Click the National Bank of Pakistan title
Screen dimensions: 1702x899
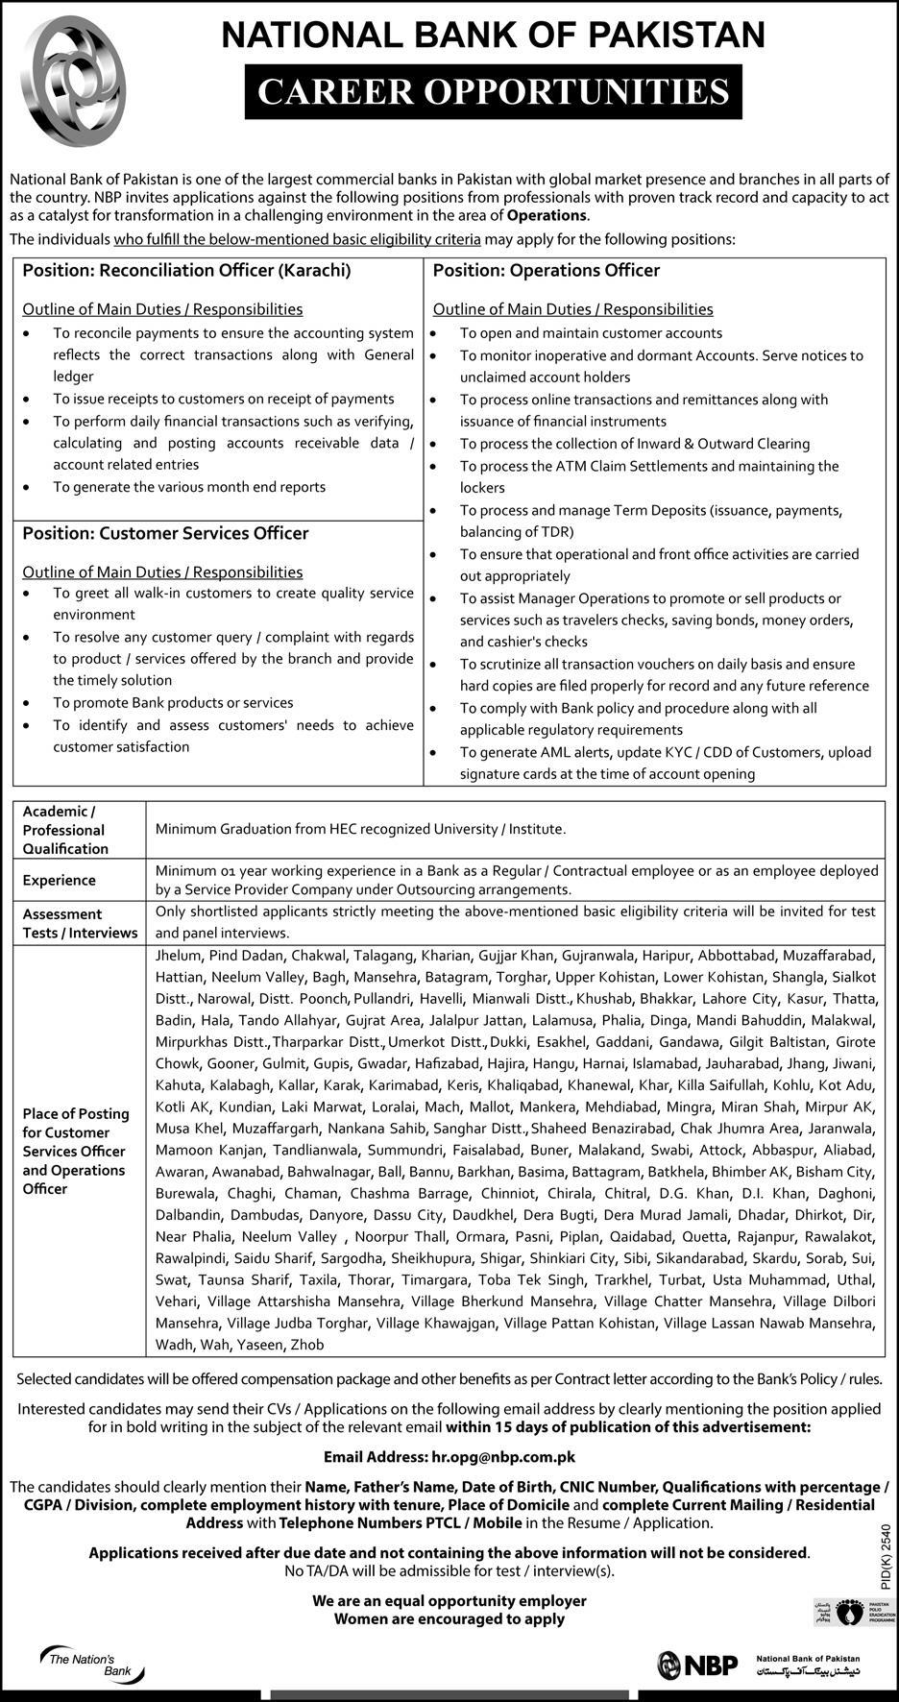tap(494, 36)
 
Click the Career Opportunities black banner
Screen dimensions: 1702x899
tap(493, 91)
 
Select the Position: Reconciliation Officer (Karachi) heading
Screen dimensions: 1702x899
tap(186, 271)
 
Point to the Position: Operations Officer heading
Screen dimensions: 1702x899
tap(546, 271)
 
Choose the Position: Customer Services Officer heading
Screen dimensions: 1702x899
tap(165, 533)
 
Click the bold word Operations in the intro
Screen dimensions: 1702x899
tap(547, 215)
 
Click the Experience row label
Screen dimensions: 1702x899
tap(60, 880)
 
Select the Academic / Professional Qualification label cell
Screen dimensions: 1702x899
tap(65, 830)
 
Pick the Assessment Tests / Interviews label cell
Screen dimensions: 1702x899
tap(80, 923)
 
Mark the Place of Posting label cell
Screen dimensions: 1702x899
tap(76, 1151)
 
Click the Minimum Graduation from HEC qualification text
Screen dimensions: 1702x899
tap(360, 828)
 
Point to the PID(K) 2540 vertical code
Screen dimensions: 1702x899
tap(886, 1560)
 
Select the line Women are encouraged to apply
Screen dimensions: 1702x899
tap(449, 1618)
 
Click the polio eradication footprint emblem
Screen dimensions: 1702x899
tap(847, 1612)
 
